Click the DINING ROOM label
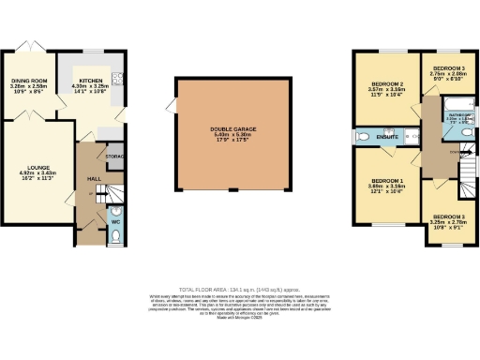(28, 82)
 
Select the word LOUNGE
(38, 167)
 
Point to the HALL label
(93, 178)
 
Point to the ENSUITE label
(388, 138)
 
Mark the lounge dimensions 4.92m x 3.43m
(38, 176)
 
